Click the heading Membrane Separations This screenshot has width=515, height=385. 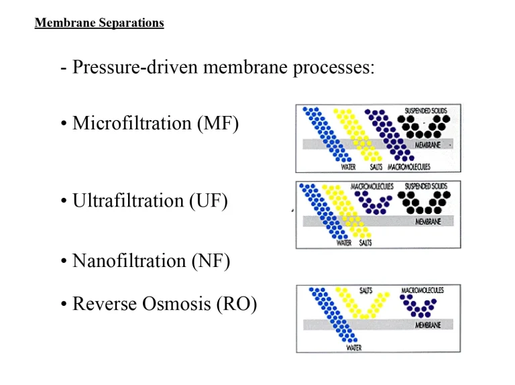tap(99, 23)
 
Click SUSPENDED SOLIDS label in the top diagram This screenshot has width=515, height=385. tap(426, 111)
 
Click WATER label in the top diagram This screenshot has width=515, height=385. tap(349, 167)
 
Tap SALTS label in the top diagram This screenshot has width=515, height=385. tap(376, 167)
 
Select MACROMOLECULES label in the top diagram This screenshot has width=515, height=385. tap(409, 167)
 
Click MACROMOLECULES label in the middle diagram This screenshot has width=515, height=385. tap(367, 186)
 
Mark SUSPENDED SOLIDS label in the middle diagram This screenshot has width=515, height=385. tap(426, 186)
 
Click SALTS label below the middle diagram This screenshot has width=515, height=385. tap(365, 243)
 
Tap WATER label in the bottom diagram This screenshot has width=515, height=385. tap(355, 348)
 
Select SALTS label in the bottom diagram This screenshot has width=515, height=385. tap(366, 290)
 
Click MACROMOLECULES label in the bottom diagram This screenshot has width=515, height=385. tap(422, 290)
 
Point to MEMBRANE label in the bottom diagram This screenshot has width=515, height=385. tap(428, 325)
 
